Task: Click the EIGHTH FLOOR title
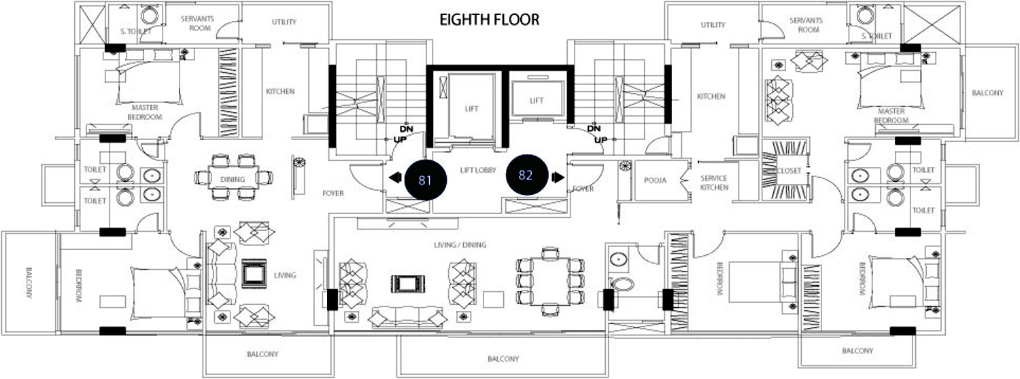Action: (x=489, y=20)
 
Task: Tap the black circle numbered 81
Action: (x=425, y=180)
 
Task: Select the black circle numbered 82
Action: (x=527, y=175)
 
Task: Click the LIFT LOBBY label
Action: (x=477, y=170)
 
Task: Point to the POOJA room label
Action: (x=656, y=181)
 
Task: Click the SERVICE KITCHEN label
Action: (x=714, y=183)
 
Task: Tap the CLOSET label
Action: (x=789, y=171)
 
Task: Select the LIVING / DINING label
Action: (x=460, y=245)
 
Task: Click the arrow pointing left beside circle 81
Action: (x=395, y=177)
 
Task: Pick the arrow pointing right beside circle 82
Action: (x=558, y=177)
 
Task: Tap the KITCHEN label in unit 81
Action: (x=280, y=92)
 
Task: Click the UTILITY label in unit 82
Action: (x=713, y=25)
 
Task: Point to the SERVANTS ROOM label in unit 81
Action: (x=197, y=23)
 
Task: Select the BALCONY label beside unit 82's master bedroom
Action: (x=987, y=93)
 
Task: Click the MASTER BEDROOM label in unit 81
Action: (x=145, y=112)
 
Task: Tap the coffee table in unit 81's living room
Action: (x=254, y=273)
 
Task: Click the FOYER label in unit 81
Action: (x=333, y=194)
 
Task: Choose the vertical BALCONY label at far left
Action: (x=29, y=283)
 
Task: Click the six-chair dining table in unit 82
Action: (x=550, y=281)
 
